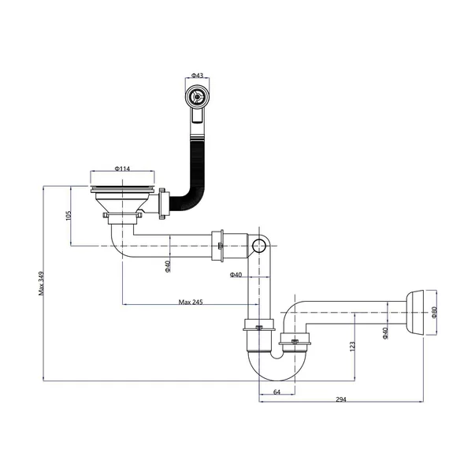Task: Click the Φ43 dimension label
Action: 197,75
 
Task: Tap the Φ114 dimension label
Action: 122,169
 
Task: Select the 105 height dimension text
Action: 69,216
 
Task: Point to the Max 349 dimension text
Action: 41,284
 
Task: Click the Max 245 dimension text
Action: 191,302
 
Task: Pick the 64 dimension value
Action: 276,392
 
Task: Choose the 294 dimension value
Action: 341,399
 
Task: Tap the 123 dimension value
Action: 352,347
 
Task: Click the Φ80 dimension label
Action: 434,312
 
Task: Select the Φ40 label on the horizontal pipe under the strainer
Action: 168,266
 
